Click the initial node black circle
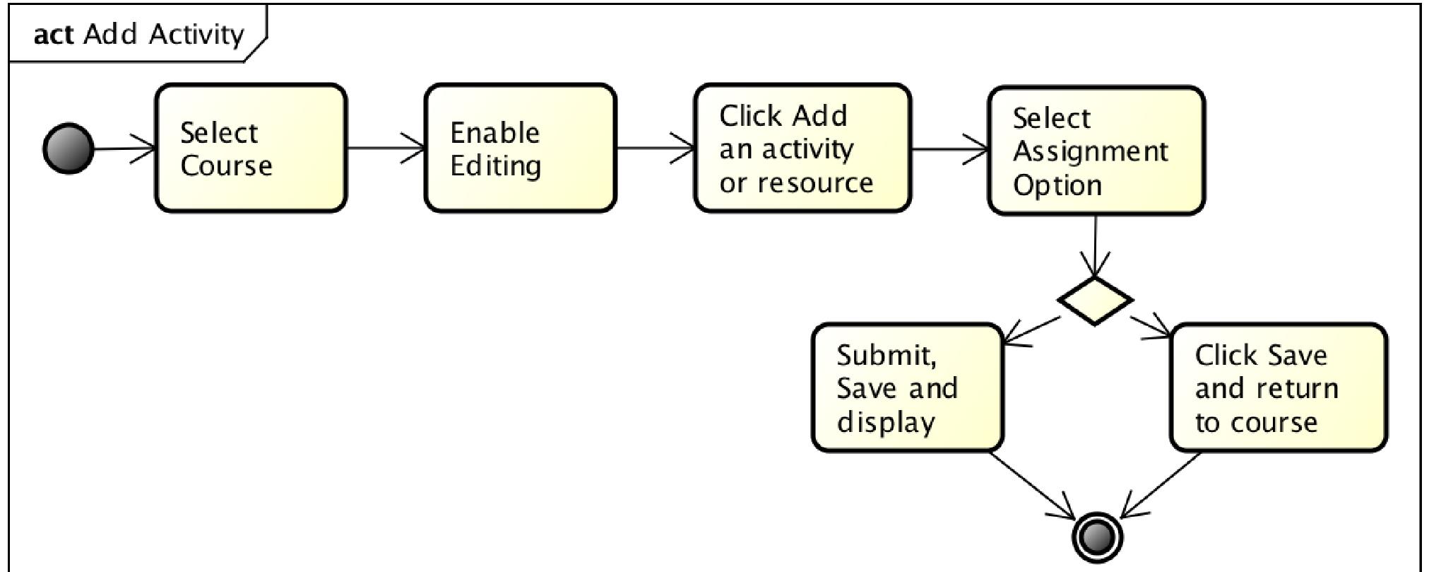coord(69,148)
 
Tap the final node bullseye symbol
coord(1097,537)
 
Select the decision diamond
coord(1095,301)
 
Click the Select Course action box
coord(251,148)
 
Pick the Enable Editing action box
coord(520,148)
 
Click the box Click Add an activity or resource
coord(802,148)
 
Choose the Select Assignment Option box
coord(1096,151)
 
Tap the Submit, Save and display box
coord(907,387)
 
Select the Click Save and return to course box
coord(1278,387)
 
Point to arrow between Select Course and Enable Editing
coord(385,148)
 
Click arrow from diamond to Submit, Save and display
coord(1032,330)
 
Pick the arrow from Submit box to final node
coord(1031,484)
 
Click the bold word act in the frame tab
coord(53,34)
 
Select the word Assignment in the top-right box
coord(1090,151)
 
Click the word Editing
coord(495,166)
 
